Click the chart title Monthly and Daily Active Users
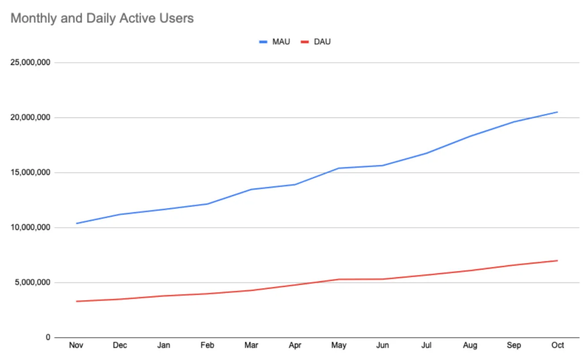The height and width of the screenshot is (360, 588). (x=102, y=19)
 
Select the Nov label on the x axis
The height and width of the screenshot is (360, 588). (x=76, y=345)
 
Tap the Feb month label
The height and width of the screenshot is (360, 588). (x=207, y=345)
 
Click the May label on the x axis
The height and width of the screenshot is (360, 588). (x=339, y=345)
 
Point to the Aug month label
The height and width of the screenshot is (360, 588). (x=470, y=345)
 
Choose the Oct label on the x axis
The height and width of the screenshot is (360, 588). (x=558, y=345)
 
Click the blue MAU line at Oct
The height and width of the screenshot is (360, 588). (x=558, y=112)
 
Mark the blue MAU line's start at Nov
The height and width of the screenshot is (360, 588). (x=76, y=223)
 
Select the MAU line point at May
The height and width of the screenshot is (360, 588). (x=339, y=168)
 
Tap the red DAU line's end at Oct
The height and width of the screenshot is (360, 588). (x=558, y=260)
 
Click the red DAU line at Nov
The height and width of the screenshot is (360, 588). (x=76, y=301)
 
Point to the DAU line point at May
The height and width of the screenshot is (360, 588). (x=339, y=279)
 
